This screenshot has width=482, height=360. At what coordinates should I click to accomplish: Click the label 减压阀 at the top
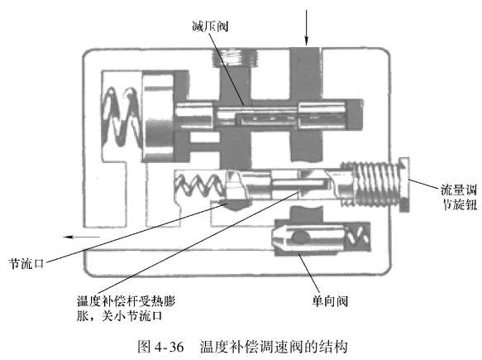(210, 26)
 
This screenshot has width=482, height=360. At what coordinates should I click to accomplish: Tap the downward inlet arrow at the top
(306, 27)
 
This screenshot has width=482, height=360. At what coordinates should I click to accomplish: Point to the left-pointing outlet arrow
(81, 237)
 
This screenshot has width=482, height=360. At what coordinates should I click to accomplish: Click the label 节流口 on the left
(26, 264)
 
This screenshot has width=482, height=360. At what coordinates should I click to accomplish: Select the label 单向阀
(330, 300)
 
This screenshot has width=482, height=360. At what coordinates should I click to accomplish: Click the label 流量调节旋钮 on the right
(459, 197)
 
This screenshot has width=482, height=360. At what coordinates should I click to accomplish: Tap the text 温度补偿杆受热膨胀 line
(126, 301)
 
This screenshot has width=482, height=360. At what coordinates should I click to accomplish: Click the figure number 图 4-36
(160, 347)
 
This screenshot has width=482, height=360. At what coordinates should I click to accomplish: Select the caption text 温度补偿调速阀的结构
(274, 347)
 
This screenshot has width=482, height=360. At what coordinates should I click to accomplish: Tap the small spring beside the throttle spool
(200, 185)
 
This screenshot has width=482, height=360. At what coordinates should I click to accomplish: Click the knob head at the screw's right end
(404, 185)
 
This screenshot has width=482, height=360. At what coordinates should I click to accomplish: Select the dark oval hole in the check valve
(300, 237)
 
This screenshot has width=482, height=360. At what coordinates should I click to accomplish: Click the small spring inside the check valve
(358, 236)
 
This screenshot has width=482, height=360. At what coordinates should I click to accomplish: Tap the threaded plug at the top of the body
(236, 58)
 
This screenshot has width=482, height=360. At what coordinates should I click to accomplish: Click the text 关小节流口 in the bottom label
(132, 316)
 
